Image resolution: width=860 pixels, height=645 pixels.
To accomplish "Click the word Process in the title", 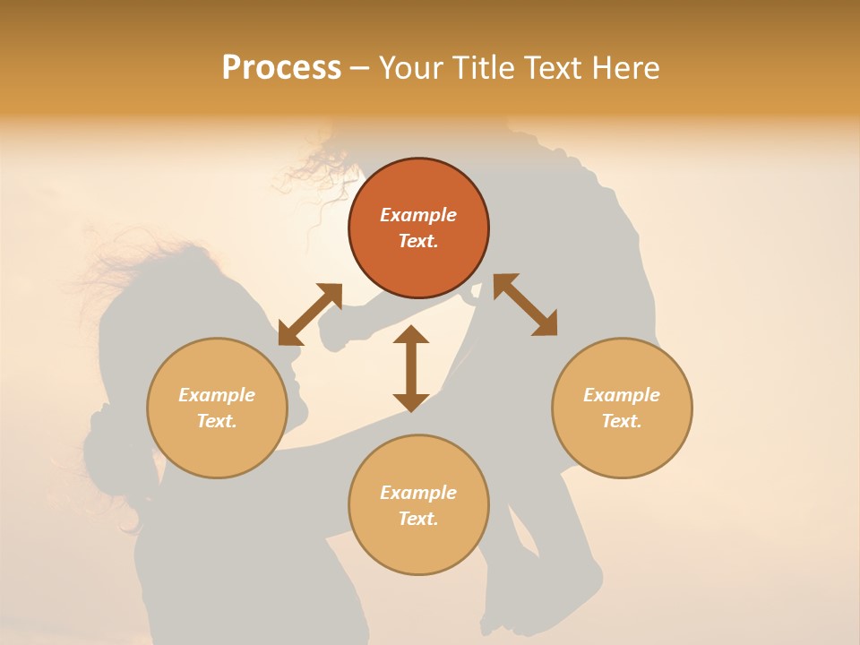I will coord(281,68).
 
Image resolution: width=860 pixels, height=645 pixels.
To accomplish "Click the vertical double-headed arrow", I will coord(411,368).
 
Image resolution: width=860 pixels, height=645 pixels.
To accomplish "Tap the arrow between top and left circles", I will coord(310,314).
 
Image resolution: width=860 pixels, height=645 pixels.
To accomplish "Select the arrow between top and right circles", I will coord(525,305).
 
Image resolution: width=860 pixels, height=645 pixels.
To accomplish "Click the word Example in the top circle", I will coord(418,215).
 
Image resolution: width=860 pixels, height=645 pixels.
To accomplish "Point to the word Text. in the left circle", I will coord(217,421).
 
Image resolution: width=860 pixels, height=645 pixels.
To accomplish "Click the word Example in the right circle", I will coord(622,395).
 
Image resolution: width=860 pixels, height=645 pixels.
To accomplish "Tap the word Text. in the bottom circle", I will coord(418,519).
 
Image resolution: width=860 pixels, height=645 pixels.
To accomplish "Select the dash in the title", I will coord(359,68).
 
